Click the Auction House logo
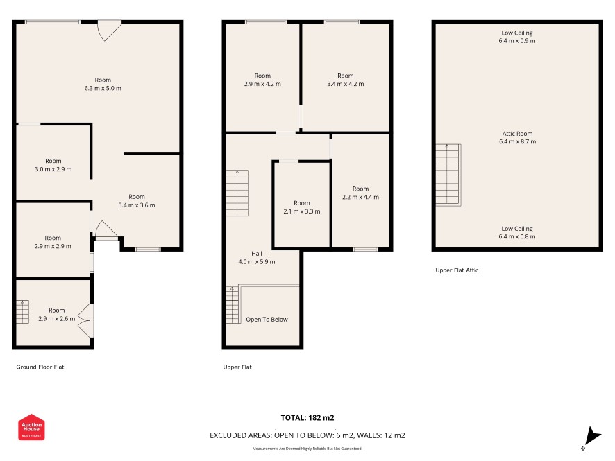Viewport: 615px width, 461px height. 31,427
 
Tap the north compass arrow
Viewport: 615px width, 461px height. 592,436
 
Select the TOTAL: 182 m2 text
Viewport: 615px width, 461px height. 307,418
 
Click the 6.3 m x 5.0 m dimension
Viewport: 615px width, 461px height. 103,88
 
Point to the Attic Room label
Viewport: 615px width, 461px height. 517,134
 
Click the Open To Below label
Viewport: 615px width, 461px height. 267,319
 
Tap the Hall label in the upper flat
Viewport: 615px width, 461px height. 257,254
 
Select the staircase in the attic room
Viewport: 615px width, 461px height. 448,175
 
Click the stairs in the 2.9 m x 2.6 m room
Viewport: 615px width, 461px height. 22,312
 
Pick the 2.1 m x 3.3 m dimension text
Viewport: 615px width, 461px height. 302,211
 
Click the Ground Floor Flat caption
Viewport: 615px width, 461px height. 40,367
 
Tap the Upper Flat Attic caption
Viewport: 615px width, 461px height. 457,270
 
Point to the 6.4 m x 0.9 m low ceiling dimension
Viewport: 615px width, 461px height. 517,40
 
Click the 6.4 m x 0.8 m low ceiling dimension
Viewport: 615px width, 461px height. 517,236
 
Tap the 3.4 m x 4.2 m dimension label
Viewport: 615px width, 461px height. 346,84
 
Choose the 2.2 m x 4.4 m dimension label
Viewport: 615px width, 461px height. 360,197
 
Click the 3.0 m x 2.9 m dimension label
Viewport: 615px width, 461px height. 53,169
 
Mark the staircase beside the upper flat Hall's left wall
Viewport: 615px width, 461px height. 237,193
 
